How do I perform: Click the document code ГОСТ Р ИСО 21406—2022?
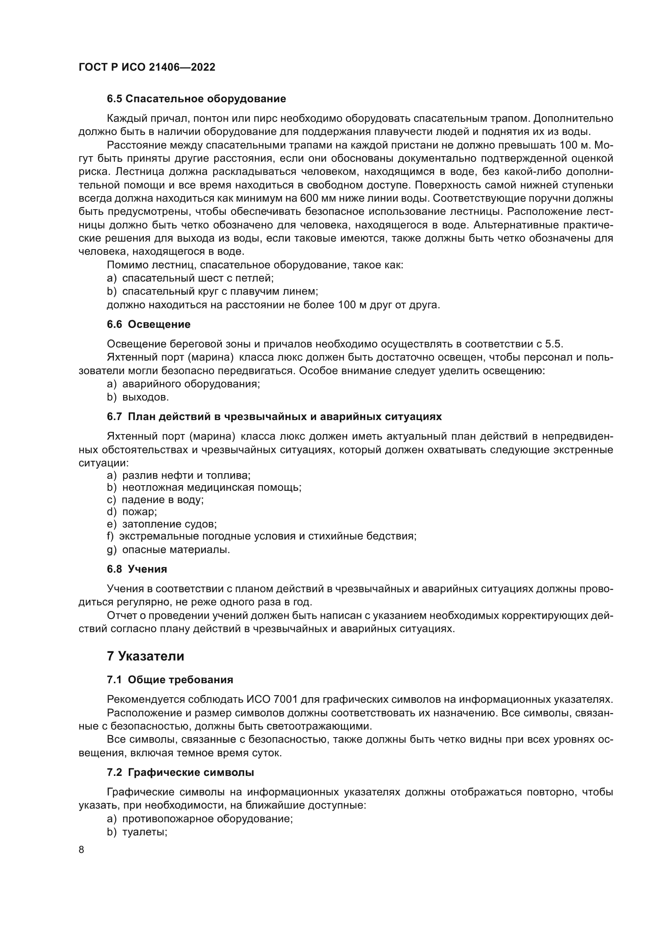click(147, 67)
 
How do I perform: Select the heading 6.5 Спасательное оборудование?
click(196, 99)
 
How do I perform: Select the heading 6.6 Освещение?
click(149, 324)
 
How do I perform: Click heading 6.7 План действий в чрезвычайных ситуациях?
click(274, 416)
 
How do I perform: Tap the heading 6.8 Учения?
click(137, 569)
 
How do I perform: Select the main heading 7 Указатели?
click(145, 656)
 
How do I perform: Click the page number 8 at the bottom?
click(82, 849)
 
